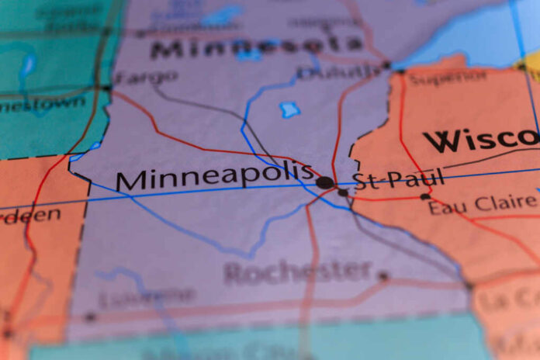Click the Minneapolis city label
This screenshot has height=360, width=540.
pos(213,176)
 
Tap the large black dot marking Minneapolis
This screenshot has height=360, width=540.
pos(325,183)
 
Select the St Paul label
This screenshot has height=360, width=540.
pos(398,179)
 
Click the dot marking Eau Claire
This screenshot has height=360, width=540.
pos(424,197)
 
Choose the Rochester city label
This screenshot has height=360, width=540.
pos(298,272)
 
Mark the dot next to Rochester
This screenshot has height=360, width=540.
pos(382,275)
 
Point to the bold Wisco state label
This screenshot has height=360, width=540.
pos(481,140)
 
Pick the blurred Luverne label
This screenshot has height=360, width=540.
pos(147,296)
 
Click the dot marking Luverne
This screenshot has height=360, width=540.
pos(90,317)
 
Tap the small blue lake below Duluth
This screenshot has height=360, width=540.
pos(289,109)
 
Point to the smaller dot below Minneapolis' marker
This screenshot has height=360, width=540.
pos(343,192)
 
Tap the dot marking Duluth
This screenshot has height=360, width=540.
pos(387,65)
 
